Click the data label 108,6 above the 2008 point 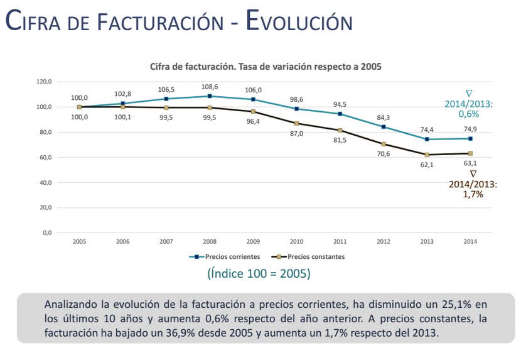pyautogui.click(x=210, y=86)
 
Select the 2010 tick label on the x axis pyautogui.click(x=297, y=241)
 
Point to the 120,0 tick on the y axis pyautogui.click(x=43, y=82)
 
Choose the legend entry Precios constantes pyautogui.click(x=310, y=256)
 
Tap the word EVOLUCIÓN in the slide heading pyautogui.click(x=299, y=21)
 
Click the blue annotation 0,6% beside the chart pyautogui.click(x=468, y=114)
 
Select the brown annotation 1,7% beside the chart pyautogui.click(x=473, y=195)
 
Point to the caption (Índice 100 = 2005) pyautogui.click(x=258, y=274)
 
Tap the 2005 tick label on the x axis pyautogui.click(x=79, y=241)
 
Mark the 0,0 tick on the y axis pyautogui.click(x=46, y=233)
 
